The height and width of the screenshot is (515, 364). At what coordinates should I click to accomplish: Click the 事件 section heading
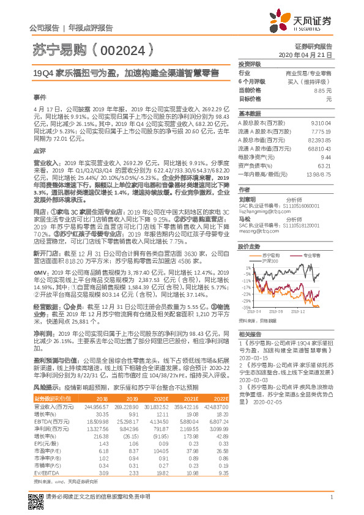click(x=39, y=97)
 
